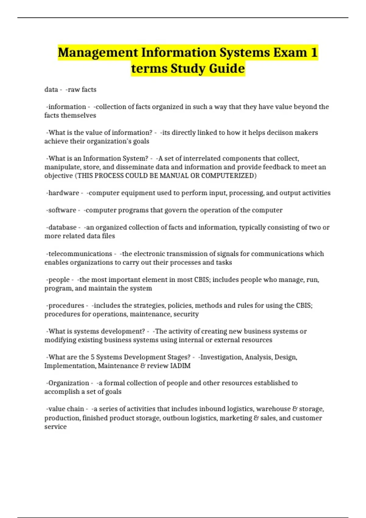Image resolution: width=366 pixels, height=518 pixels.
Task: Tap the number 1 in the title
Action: (x=314, y=52)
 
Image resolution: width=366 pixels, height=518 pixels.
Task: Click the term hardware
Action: (x=63, y=193)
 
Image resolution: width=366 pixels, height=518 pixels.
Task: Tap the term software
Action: (x=62, y=210)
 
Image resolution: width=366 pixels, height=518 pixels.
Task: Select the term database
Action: (x=62, y=227)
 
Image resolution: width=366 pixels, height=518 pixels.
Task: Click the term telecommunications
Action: (x=80, y=254)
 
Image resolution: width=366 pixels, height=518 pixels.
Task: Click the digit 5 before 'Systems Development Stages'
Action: (x=93, y=357)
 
